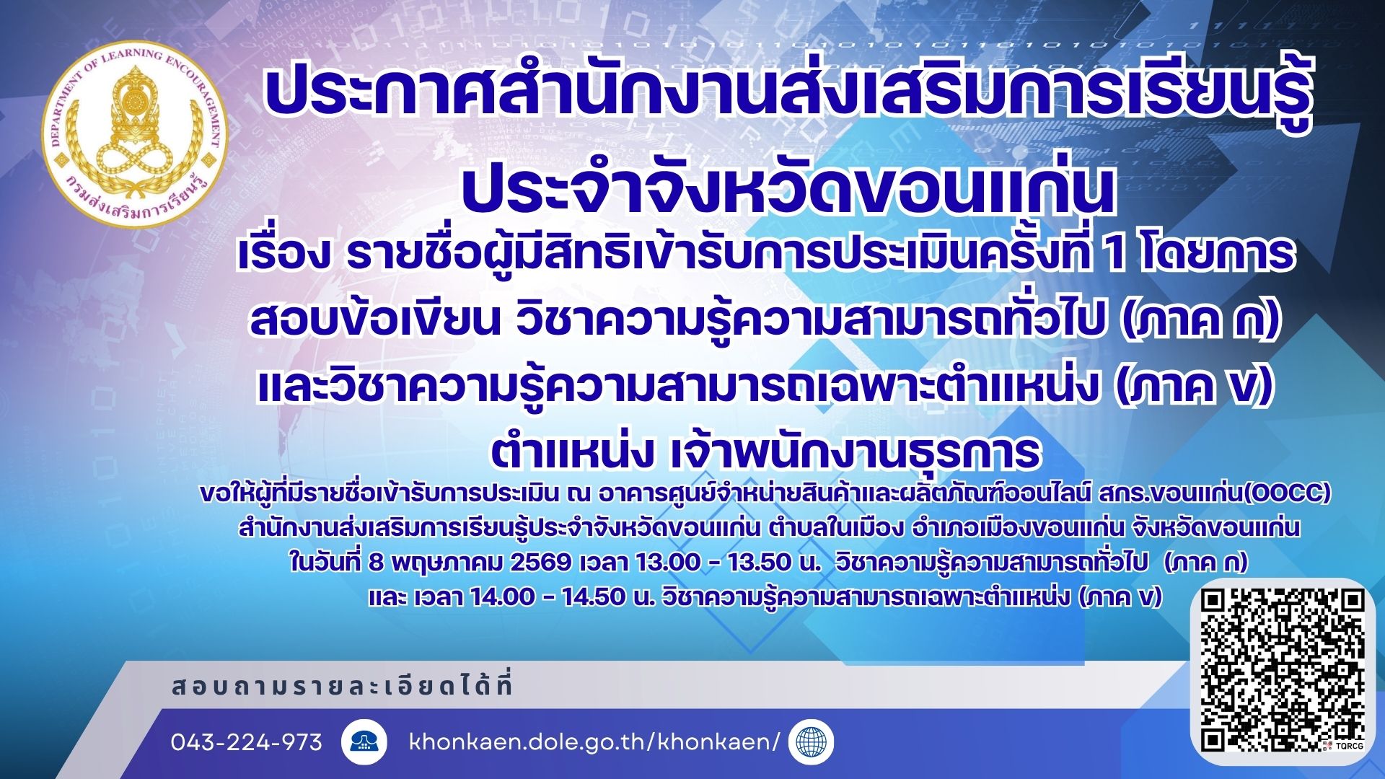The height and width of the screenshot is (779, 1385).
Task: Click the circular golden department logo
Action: coord(134,134)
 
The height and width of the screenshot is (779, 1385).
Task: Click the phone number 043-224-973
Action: coord(247,742)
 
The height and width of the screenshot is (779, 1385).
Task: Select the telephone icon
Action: coord(364,742)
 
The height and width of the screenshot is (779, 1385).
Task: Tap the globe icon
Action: coord(812,742)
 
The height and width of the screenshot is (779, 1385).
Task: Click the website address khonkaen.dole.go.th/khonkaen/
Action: coord(594,742)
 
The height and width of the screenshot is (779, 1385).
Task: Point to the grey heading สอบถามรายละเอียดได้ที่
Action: coord(342,686)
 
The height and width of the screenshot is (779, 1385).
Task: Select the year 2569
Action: coord(540,562)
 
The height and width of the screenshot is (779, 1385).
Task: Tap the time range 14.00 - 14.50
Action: coord(548,597)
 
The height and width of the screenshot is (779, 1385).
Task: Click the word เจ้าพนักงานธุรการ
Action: coord(856,452)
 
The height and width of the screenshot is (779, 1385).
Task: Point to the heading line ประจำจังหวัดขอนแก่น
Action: coord(788,190)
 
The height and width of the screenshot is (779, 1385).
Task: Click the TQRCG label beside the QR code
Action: coord(1348,746)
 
